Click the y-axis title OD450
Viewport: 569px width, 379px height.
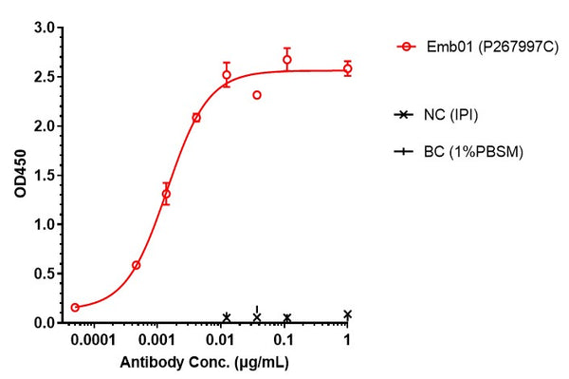tap(21, 176)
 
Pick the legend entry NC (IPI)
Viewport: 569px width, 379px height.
tap(450, 115)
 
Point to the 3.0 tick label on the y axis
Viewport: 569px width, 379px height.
tap(43, 28)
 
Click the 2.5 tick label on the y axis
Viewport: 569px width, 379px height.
tap(43, 77)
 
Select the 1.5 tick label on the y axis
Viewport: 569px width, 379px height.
tap(43, 175)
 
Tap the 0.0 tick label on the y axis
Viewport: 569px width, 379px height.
tap(43, 323)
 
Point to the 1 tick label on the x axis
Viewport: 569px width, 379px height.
tap(348, 340)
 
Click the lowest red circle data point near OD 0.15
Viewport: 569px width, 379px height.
tap(76, 308)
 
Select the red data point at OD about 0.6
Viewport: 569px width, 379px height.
tap(136, 265)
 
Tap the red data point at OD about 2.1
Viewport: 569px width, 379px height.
tap(196, 118)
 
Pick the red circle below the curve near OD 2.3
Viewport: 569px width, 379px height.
tap(257, 95)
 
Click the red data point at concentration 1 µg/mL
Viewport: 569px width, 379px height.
tap(348, 68)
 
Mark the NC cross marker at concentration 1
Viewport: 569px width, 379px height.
tap(348, 314)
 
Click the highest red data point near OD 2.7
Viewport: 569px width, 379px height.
tap(286, 60)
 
